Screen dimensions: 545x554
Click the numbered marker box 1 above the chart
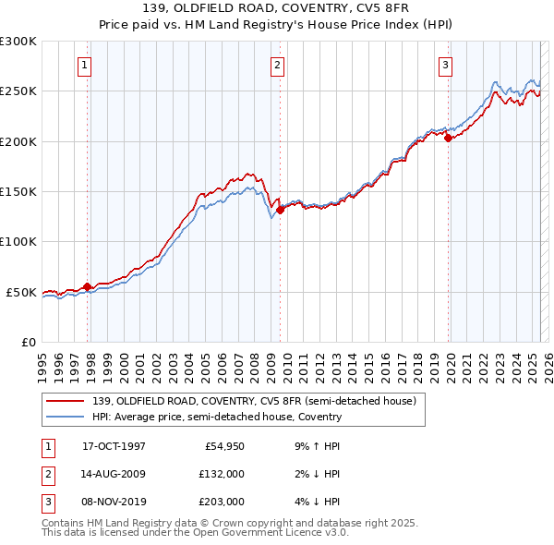point(84,65)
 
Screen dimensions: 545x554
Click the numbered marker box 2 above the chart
point(277,65)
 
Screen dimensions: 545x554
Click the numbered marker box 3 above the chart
point(445,65)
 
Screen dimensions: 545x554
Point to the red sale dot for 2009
point(280,210)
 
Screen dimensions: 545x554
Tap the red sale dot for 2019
point(448,139)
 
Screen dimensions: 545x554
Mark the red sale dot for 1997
point(88,286)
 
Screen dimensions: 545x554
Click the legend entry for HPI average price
point(217,417)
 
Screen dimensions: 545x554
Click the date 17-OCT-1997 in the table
point(114,446)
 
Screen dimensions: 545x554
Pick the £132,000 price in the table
point(222,474)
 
